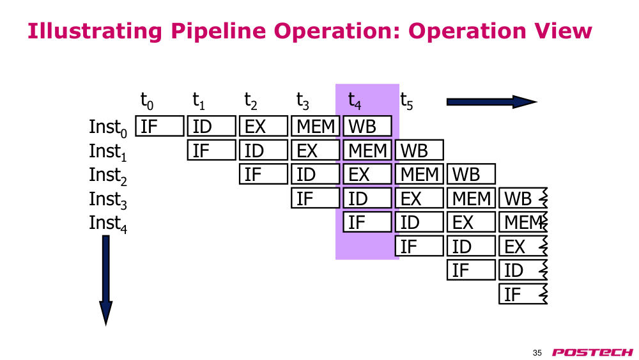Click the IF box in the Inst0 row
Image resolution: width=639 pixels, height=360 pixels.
pyautogui.click(x=159, y=126)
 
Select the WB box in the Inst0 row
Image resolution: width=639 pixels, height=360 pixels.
pyautogui.click(x=367, y=126)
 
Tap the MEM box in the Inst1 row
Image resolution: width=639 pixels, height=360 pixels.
pyautogui.click(x=367, y=150)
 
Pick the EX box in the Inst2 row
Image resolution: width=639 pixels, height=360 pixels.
pyautogui.click(x=367, y=174)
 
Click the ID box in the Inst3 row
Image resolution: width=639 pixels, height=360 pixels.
pyautogui.click(x=367, y=198)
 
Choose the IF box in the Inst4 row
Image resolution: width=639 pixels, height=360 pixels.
pyautogui.click(x=367, y=222)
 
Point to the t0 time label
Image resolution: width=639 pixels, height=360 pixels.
pyautogui.click(x=147, y=100)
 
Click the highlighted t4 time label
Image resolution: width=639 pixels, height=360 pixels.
pyautogui.click(x=355, y=100)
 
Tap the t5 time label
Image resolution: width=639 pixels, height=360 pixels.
pyautogui.click(x=406, y=100)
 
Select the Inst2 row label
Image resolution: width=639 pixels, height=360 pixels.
pyautogui.click(x=108, y=176)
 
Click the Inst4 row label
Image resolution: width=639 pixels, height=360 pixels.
pyautogui.click(x=108, y=224)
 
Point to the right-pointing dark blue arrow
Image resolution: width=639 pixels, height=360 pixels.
pyautogui.click(x=492, y=102)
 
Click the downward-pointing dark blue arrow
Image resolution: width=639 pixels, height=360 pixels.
pyautogui.click(x=106, y=281)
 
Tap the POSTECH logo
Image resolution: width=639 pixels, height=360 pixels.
pyautogui.click(x=592, y=352)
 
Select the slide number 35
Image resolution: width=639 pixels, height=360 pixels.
pyautogui.click(x=537, y=353)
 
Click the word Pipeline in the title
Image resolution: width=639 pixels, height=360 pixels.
pyautogui.click(x=218, y=31)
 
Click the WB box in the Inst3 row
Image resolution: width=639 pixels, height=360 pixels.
pyautogui.click(x=523, y=198)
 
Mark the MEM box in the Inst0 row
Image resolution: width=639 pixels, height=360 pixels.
pyautogui.click(x=316, y=126)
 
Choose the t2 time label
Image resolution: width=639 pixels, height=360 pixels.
pyautogui.click(x=250, y=100)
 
